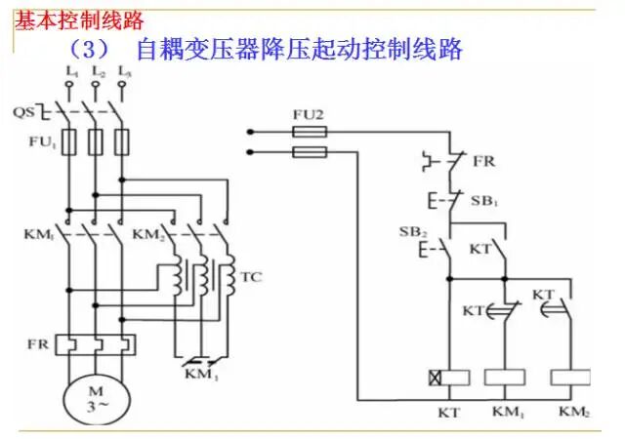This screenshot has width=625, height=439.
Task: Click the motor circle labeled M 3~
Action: [x=97, y=399]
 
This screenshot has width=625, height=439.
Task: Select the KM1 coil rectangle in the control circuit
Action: [x=505, y=377]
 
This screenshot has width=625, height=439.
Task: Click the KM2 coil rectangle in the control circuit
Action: [x=570, y=377]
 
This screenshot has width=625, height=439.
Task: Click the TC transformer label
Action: [x=251, y=276]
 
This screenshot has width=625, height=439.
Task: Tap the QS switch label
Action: [x=23, y=111]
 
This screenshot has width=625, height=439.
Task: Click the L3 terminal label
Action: [x=123, y=72]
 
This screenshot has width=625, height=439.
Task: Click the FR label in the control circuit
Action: [x=482, y=159]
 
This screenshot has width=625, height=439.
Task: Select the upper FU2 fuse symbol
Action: [x=310, y=131]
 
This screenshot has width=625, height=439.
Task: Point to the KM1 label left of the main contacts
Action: [x=36, y=235]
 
